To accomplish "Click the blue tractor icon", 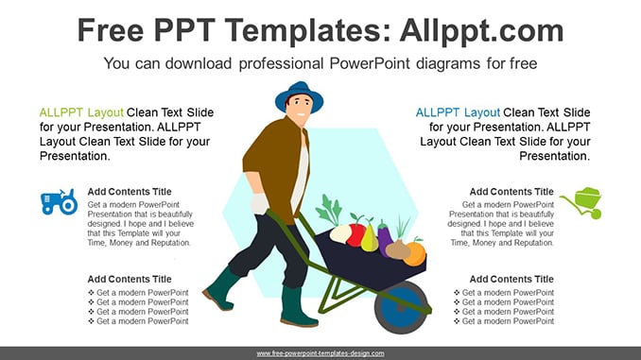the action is pos(59,201).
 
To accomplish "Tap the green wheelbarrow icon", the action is pos(581,203).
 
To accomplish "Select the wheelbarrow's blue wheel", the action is pos(402,307).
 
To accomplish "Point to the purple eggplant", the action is pos(385,239).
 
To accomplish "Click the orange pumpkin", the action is pos(416,252).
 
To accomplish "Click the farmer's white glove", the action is pos(259,203).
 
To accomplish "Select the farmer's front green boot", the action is pos(297,306).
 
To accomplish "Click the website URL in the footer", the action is pos(320,353).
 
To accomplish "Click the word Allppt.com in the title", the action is pos(481,30).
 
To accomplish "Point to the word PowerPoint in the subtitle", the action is pos(370,63).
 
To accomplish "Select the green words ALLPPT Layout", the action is pos(81,112).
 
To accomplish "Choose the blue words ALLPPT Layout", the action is pos(458,112).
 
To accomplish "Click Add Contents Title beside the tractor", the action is pos(130,192).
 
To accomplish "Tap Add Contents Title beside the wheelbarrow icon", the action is pos(511,192).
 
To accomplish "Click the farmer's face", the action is pos(300,109).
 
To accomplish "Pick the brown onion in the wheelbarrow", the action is pos(397,249).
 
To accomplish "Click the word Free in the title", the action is pos(111,30).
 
